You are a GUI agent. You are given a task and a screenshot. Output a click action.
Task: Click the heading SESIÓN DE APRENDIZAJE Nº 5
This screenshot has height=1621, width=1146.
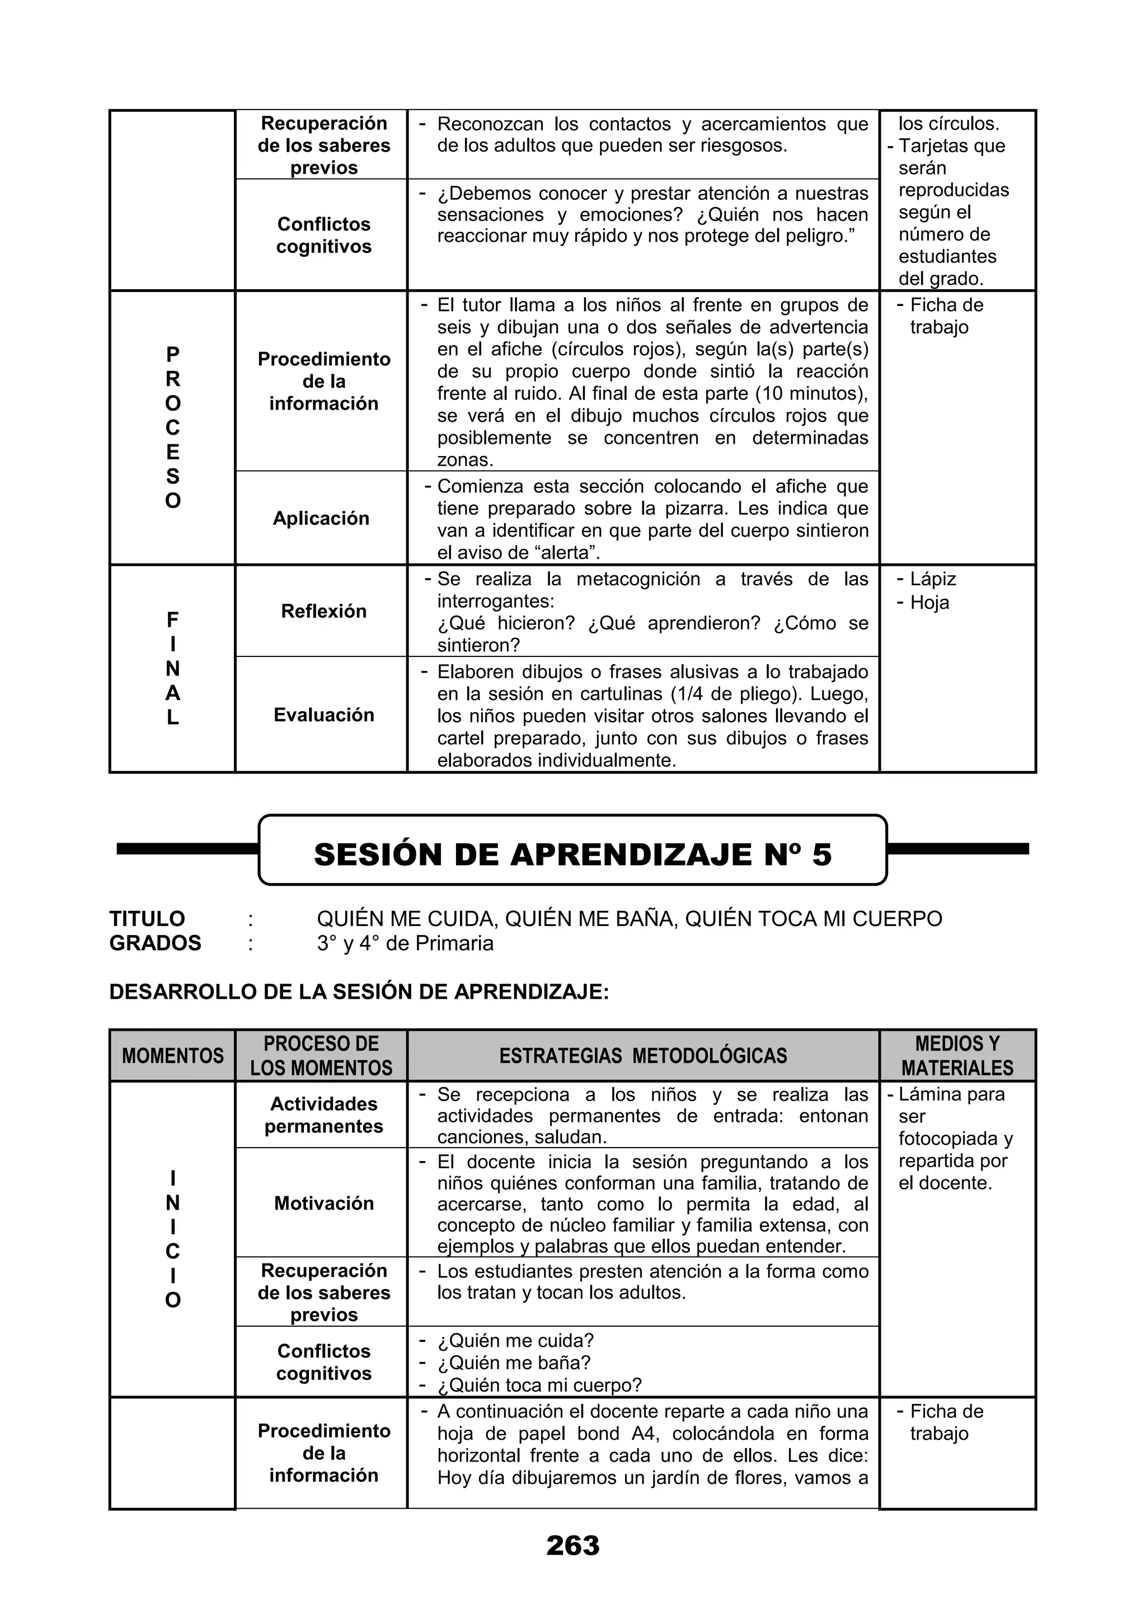click(x=572, y=854)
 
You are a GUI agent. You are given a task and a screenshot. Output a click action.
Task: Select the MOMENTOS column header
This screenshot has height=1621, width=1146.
click(x=172, y=1055)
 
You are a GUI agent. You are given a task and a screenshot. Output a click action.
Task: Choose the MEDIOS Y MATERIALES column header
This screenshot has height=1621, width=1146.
click(x=957, y=1055)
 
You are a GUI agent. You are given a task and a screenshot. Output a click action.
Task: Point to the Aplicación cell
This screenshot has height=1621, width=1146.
click(x=321, y=518)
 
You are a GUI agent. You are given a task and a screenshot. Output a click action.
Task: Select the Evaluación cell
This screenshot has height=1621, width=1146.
click(x=323, y=715)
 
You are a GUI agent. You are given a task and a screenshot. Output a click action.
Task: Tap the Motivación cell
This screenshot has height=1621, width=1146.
click(x=323, y=1203)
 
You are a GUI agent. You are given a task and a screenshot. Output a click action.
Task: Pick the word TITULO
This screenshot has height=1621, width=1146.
click(x=147, y=919)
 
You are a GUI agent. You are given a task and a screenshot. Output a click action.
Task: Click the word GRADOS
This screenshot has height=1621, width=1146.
click(x=156, y=943)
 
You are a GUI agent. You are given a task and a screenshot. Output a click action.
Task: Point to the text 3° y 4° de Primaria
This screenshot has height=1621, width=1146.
click(x=405, y=943)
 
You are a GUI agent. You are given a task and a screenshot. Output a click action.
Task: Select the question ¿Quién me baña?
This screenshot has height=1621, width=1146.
click(x=514, y=1362)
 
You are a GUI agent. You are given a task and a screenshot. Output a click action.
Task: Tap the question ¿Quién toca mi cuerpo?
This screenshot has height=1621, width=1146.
click(x=539, y=1385)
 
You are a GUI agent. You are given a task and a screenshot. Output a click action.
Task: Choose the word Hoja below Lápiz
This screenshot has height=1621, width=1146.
click(x=929, y=602)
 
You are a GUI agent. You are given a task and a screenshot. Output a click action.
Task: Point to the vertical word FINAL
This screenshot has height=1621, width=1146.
click(x=172, y=669)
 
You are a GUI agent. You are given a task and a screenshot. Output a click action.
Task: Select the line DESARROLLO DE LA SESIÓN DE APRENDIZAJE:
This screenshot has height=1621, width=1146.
click(x=359, y=992)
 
